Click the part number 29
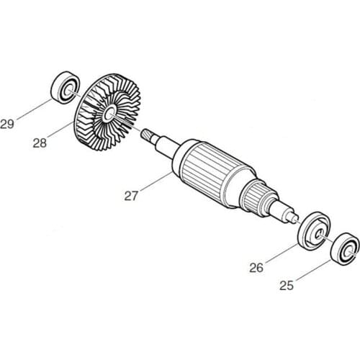pos(8,124)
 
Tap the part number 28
pos(40,143)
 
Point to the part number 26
pos(258,269)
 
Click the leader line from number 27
pos(153,181)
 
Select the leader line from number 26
pos(281,253)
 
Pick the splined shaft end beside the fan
pos(152,136)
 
